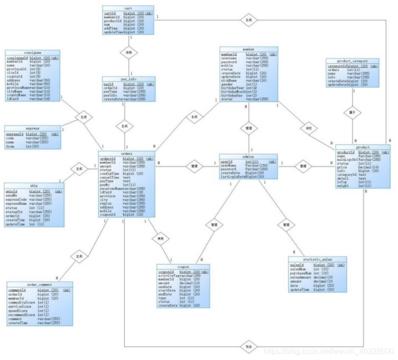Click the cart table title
[128, 9]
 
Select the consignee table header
[33, 52]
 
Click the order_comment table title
[40, 285]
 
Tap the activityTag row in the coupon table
[169, 276]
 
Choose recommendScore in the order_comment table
[22, 314]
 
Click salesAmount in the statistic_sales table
[302, 278]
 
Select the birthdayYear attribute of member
[232, 88]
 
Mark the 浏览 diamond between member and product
[308, 128]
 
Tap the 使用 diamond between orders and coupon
[160, 238]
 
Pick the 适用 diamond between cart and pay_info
[129, 52]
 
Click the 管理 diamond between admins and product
[303, 166]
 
